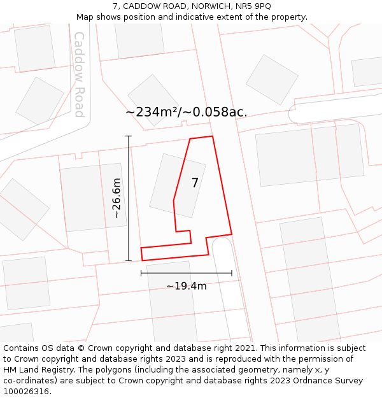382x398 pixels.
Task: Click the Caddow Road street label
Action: (80, 75)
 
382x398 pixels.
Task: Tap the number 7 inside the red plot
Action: (195, 183)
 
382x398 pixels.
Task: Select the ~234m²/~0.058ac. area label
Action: (186, 112)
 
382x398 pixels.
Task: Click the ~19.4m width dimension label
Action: (187, 286)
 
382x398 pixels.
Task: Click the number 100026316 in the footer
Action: (27, 392)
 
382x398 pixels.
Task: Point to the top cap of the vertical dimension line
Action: (129, 136)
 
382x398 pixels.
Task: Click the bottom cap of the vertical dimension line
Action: (129, 260)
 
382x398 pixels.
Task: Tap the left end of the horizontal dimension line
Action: (141, 273)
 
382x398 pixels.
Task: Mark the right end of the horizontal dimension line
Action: (232, 273)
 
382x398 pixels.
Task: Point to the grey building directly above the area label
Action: (153, 100)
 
